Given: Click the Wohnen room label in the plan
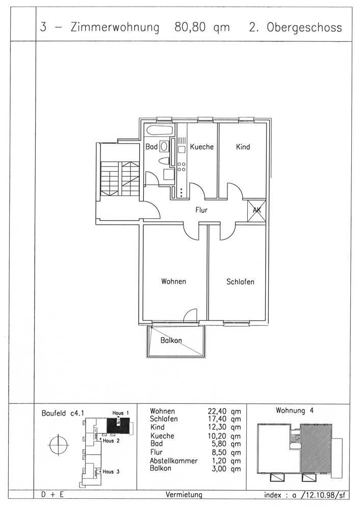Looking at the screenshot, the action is click(x=174, y=282).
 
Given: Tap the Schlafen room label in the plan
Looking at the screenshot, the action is click(x=240, y=282).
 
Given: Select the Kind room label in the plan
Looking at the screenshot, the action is click(x=243, y=147).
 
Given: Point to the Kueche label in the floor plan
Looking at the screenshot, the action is click(x=201, y=147).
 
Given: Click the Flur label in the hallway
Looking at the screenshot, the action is click(x=201, y=210).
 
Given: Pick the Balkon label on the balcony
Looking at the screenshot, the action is click(x=171, y=341).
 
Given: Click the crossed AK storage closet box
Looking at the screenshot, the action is click(x=256, y=211).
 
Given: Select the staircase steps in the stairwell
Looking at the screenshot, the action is click(x=120, y=178).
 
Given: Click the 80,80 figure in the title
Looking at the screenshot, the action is click(x=190, y=28).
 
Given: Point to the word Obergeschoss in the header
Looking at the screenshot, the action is click(x=304, y=28).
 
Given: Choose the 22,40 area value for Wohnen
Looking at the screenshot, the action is click(x=217, y=412).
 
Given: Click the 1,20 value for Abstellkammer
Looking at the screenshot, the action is click(x=219, y=461).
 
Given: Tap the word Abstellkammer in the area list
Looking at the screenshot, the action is click(x=174, y=461).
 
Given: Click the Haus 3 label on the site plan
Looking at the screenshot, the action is click(x=111, y=472).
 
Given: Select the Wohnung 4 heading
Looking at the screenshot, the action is click(x=295, y=411).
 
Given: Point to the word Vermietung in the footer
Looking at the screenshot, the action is click(x=184, y=495).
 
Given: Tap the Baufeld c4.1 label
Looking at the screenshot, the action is click(x=63, y=414).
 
